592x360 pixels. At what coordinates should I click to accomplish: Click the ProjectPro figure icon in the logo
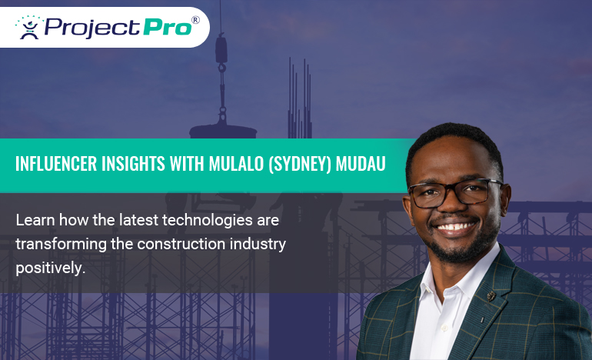point(29,27)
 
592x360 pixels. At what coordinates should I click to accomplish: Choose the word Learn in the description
point(33,220)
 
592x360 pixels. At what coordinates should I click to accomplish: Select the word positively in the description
point(49,269)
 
